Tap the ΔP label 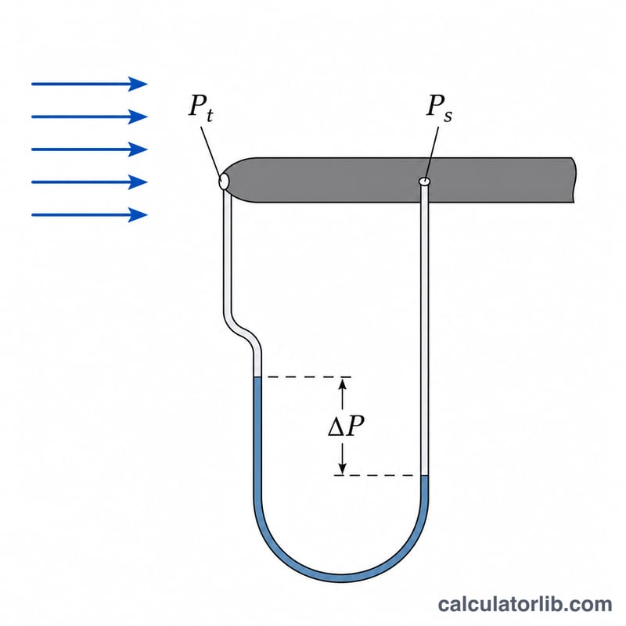[346, 426]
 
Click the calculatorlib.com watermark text [524, 604]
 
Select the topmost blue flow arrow [89, 84]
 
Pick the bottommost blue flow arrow [89, 214]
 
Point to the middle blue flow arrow [89, 149]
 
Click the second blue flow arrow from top [89, 117]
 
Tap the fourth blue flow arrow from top [89, 182]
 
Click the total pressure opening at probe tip [224, 182]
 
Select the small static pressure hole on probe [425, 182]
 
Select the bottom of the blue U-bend [341, 577]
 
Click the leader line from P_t [210, 151]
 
